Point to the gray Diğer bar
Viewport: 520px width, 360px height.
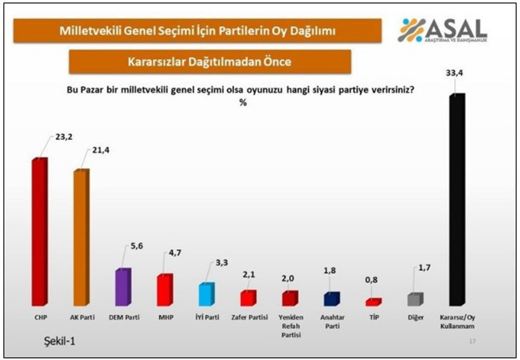tap(415, 299)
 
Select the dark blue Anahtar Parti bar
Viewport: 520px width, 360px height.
tap(331, 299)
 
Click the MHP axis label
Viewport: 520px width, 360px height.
tap(164, 317)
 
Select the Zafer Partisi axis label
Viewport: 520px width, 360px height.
tap(248, 317)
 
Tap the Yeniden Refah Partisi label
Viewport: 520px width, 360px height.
tap(290, 325)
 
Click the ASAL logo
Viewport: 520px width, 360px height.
tap(442, 30)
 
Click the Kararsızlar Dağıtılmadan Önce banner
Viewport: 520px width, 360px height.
tap(209, 62)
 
